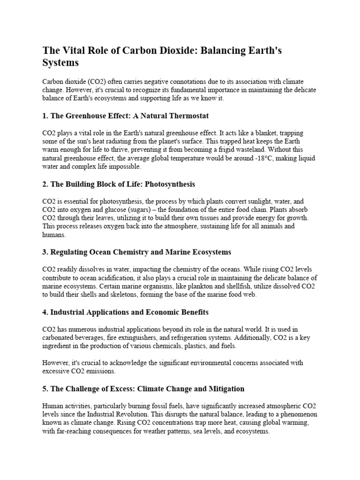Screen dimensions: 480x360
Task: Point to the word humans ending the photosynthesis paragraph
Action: click(x=53, y=235)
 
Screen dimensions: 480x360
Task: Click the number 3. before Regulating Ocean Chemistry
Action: click(x=45, y=252)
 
